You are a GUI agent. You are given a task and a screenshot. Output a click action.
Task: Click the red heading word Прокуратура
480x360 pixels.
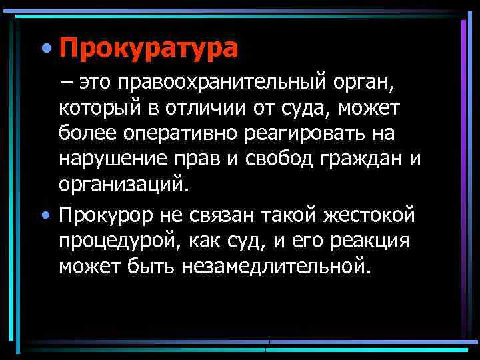pyautogui.click(x=147, y=49)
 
